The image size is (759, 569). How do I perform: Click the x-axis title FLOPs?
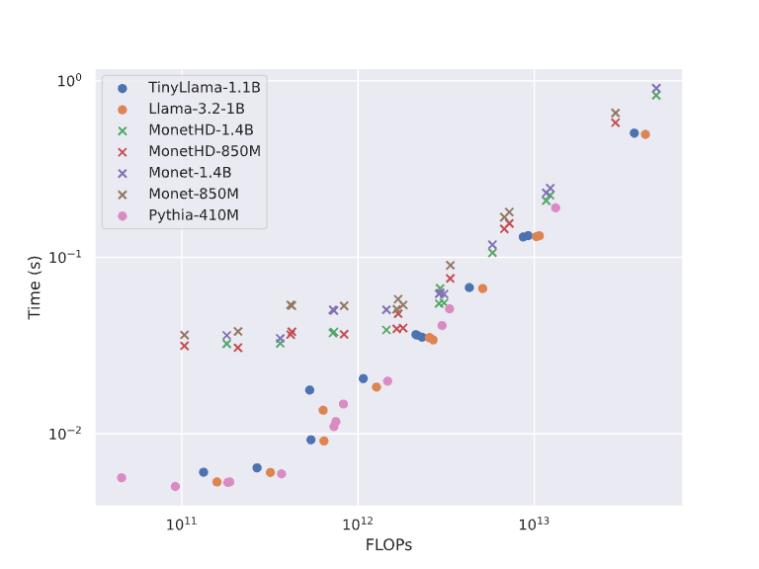388,545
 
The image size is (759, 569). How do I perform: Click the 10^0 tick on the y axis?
70,80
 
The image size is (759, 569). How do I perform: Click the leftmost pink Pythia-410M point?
122,478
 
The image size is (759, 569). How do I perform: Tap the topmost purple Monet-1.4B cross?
656,88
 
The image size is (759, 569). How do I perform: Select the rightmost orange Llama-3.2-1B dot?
645,134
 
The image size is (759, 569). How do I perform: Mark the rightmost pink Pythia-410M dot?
555,207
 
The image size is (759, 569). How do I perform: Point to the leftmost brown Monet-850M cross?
184,336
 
